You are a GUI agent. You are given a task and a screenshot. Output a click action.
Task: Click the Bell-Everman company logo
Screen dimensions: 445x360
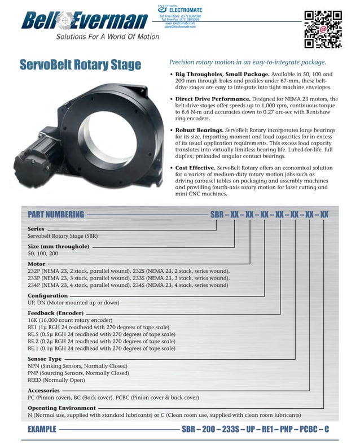(84, 21)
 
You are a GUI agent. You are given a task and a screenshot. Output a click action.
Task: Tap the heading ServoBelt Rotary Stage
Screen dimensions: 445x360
(80, 65)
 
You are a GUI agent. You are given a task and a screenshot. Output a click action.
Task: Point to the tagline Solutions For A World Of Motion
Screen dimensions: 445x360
(96, 38)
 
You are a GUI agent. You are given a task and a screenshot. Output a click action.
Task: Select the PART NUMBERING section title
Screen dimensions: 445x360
(56, 215)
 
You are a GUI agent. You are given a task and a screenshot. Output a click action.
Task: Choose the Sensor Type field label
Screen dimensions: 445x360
(45, 359)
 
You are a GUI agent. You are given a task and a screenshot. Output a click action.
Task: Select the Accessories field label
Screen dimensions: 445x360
(43, 390)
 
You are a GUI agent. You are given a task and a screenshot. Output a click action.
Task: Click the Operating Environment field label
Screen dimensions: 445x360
(62, 408)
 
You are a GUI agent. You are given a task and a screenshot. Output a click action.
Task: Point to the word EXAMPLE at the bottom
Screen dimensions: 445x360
(42, 430)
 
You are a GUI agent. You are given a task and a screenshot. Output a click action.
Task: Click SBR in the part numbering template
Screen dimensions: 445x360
(217, 215)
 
